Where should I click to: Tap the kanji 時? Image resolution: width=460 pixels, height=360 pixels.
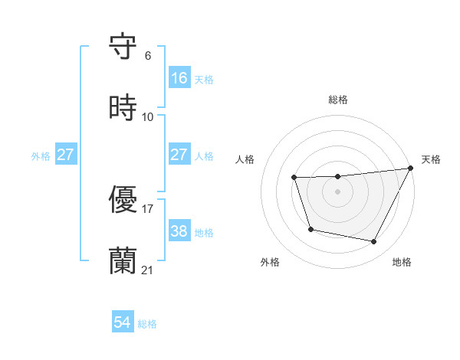(x=123, y=107)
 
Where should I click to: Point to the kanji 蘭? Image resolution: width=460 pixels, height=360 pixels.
(x=123, y=260)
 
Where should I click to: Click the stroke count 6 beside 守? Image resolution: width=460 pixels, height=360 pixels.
(x=148, y=56)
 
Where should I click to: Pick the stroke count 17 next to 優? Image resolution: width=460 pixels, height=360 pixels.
(x=148, y=208)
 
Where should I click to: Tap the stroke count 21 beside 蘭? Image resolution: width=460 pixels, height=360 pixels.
(x=148, y=270)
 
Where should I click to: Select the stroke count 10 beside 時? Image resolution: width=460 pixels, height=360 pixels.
(x=148, y=117)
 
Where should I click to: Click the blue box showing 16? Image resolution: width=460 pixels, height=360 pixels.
(x=179, y=78)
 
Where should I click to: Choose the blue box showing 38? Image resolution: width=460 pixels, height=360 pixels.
(x=179, y=231)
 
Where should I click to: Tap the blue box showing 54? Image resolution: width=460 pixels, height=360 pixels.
(x=123, y=323)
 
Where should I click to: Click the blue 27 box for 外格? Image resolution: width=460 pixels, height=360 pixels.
(x=66, y=155)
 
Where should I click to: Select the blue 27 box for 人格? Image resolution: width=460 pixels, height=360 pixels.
(x=179, y=155)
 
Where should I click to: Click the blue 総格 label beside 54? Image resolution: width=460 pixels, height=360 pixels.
(x=147, y=324)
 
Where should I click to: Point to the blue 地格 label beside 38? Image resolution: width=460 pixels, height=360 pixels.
(x=204, y=232)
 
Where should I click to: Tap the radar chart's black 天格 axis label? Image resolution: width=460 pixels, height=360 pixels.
(x=431, y=159)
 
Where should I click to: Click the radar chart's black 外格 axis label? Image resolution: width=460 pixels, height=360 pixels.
(x=270, y=262)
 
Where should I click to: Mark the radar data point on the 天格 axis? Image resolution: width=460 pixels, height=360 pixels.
(x=411, y=169)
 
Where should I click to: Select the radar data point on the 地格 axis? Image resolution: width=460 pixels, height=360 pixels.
(x=374, y=242)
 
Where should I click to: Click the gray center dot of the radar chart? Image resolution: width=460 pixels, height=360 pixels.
(x=337, y=191)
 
